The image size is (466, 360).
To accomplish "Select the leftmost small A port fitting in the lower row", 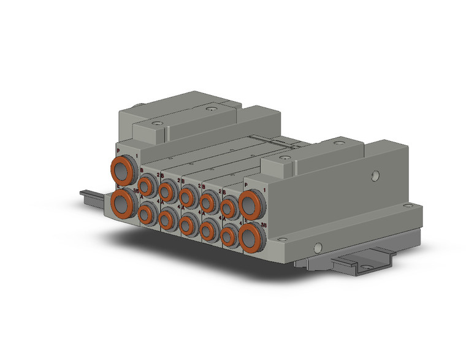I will point(147,213).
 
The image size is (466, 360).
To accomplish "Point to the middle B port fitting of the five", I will point(188,196).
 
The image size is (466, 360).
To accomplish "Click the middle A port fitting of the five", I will point(188,225).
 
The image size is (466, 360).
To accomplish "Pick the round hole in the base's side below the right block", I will point(317,248).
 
